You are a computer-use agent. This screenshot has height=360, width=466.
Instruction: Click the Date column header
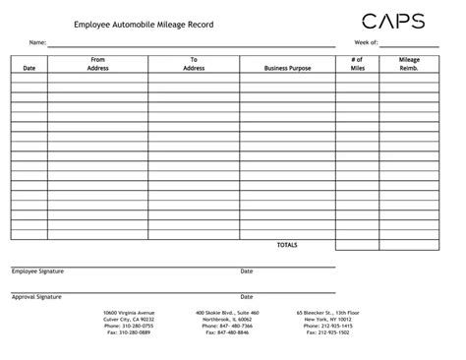coord(29,68)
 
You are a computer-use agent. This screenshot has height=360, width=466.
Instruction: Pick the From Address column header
coord(97,64)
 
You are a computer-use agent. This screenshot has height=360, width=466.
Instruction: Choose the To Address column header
coord(194,64)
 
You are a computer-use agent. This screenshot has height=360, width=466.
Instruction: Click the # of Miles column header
coord(356,64)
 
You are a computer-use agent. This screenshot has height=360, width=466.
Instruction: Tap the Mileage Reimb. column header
coord(409,64)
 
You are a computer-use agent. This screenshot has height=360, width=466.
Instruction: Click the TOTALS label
coord(286,244)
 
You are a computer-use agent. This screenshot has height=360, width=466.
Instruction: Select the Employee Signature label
coord(37,271)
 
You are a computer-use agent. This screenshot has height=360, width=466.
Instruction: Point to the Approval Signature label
coord(36,296)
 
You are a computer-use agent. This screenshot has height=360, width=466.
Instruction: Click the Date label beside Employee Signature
coord(247,271)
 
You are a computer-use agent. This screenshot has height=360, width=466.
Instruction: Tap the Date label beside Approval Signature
coord(247,296)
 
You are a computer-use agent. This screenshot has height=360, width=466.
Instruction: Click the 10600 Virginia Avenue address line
coord(129,313)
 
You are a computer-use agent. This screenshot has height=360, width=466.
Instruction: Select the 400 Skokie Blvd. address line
coord(227,313)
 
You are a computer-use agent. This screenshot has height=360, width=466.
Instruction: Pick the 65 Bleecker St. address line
coord(328,313)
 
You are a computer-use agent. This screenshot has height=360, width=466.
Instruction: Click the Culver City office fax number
coord(129,332)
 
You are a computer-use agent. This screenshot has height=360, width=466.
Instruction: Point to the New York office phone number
coord(328,326)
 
